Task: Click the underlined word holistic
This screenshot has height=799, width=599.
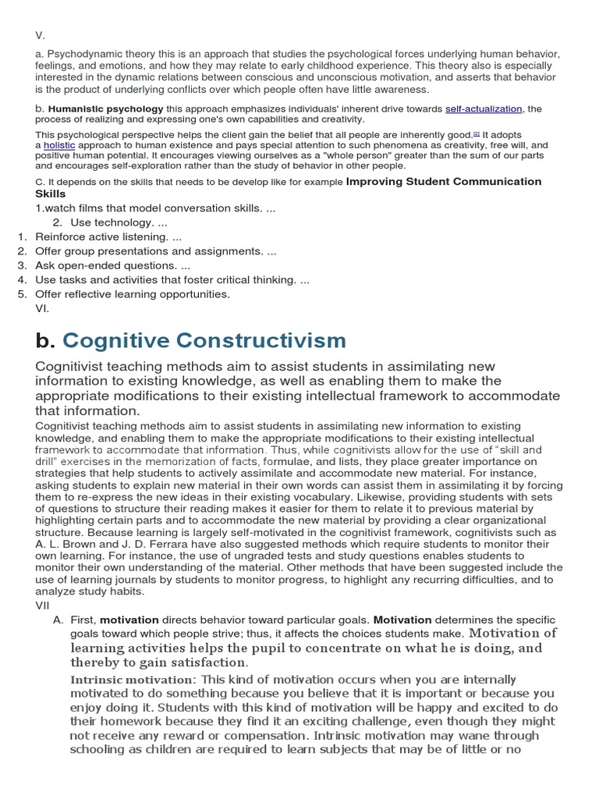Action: click(x=60, y=145)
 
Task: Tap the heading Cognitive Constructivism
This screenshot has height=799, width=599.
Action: click(x=204, y=340)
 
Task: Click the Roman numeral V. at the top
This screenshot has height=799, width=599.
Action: click(x=41, y=35)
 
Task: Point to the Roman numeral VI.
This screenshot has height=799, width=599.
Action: click(x=43, y=308)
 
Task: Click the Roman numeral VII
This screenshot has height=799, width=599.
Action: click(x=42, y=605)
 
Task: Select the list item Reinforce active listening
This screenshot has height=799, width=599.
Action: click(x=108, y=236)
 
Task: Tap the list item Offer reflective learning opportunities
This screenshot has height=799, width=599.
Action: click(x=133, y=294)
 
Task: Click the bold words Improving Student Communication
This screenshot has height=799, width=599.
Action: click(x=443, y=181)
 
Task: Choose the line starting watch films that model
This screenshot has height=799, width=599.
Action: click(x=155, y=208)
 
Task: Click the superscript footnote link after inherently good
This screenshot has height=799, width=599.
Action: click(x=477, y=133)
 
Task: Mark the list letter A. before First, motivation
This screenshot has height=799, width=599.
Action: click(x=58, y=620)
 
